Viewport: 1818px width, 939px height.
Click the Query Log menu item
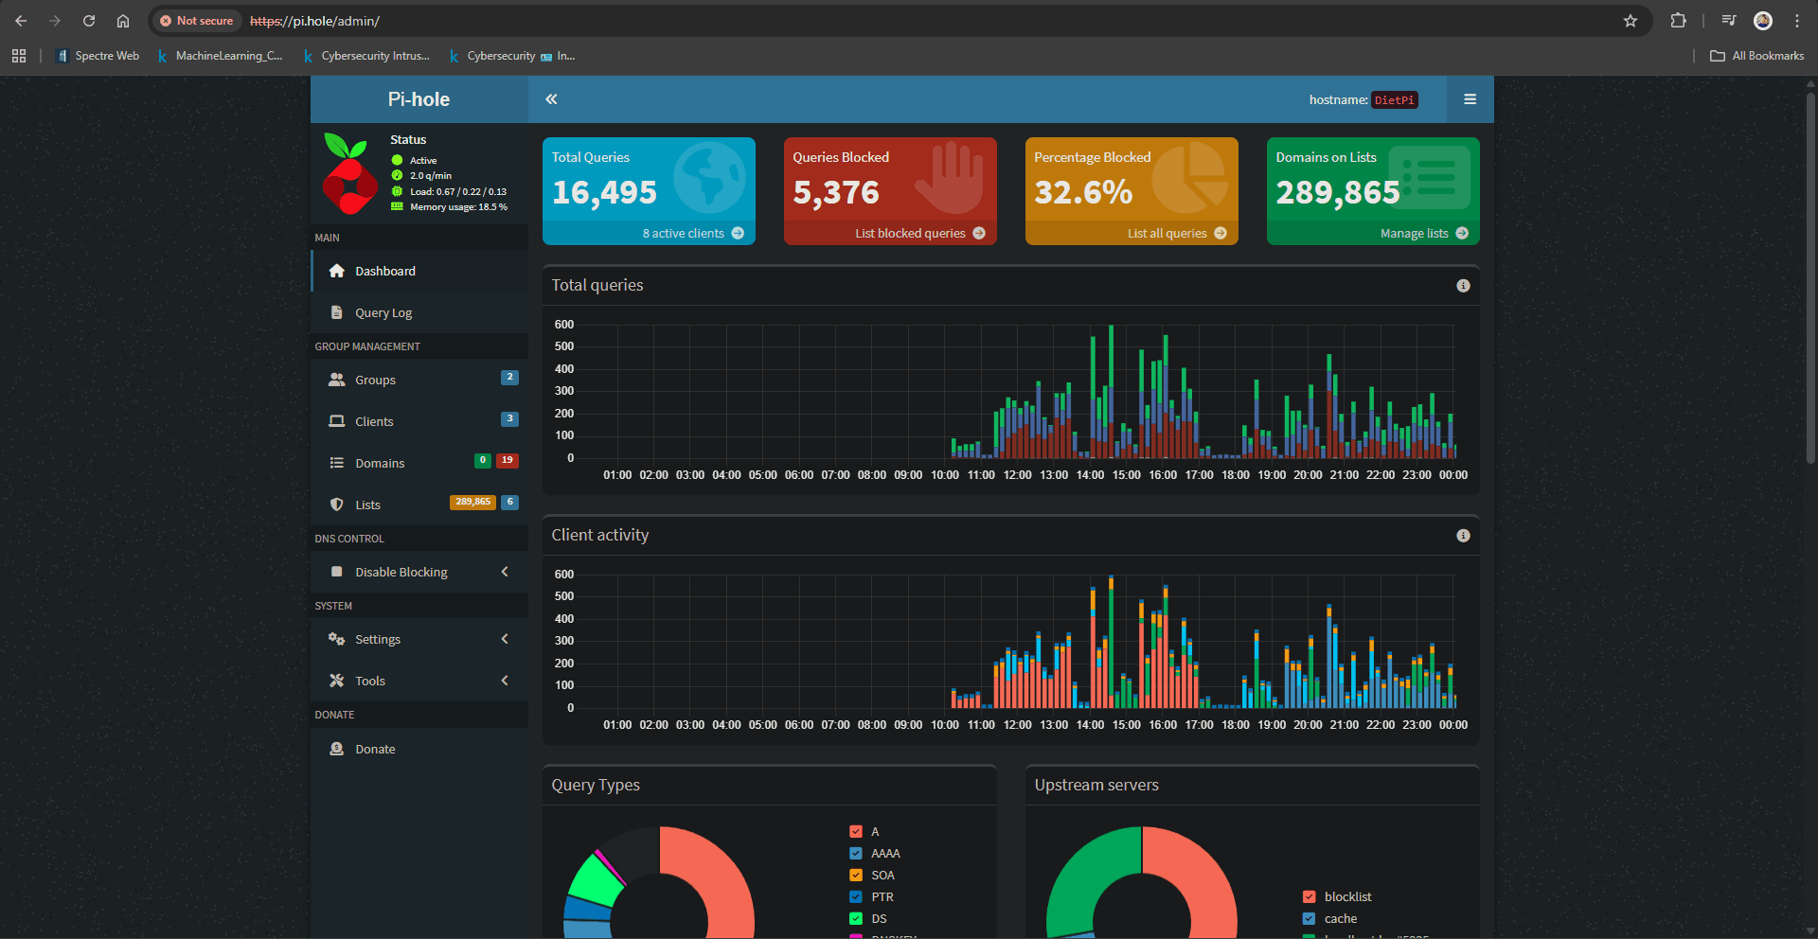(383, 313)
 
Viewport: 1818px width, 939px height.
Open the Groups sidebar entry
(375, 381)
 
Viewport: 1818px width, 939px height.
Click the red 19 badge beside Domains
(507, 460)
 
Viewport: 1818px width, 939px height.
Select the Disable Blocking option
(401, 573)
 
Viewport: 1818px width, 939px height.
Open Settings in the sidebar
(377, 640)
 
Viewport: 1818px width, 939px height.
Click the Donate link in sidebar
(375, 750)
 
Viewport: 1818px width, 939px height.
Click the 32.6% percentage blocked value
(1082, 193)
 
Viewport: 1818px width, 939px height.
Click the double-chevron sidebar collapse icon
(551, 99)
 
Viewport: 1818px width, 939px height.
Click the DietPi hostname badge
(1394, 100)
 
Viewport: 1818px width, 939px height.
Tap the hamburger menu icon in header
(1470, 99)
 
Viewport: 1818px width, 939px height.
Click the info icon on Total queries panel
(1463, 286)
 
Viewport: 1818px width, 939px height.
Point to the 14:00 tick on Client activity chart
(1090, 725)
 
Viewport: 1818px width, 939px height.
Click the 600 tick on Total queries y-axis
(564, 325)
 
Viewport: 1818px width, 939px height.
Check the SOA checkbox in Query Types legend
(856, 876)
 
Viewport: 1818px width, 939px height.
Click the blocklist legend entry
(1347, 897)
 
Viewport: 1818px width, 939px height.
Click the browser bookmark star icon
(1631, 21)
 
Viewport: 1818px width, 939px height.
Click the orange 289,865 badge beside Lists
(472, 503)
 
